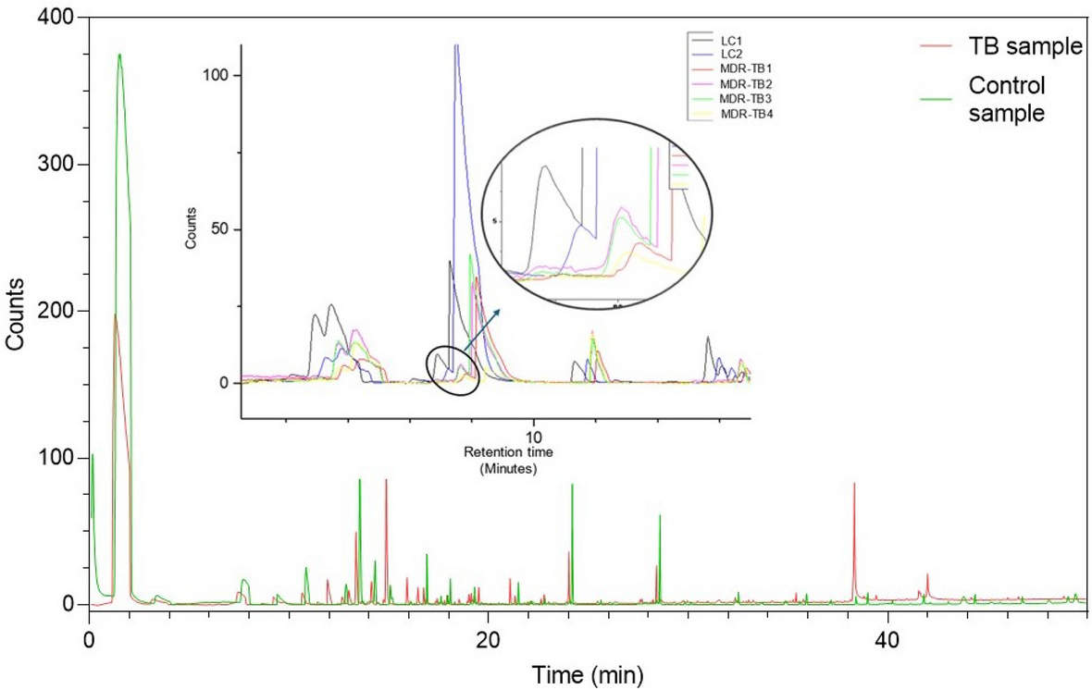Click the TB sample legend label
coord(1025,46)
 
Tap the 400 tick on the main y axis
coord(59,18)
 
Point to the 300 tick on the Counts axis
coord(59,165)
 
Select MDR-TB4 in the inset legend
coord(745,113)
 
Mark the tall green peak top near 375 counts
coord(119,55)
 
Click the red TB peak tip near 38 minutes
coord(854,484)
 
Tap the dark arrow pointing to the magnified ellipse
coord(487,324)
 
